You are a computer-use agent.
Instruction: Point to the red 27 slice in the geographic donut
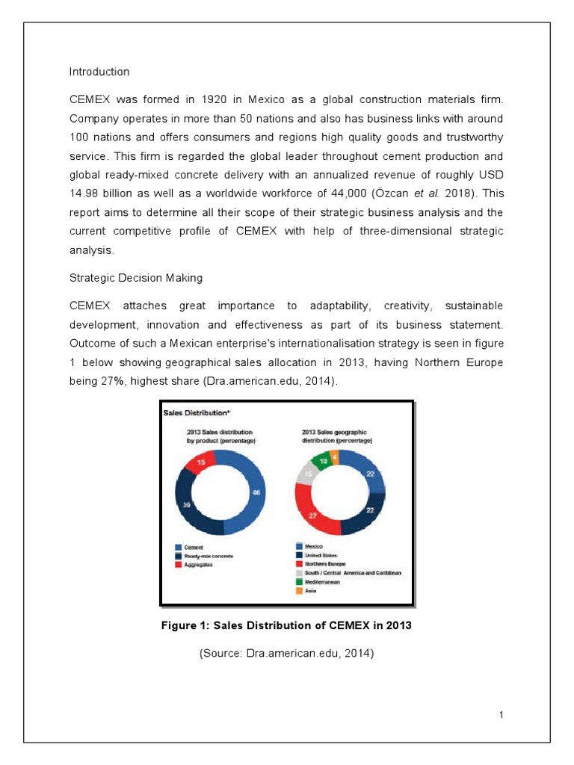[312, 515]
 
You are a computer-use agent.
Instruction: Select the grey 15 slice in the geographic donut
[306, 474]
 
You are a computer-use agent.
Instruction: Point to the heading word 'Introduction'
[99, 72]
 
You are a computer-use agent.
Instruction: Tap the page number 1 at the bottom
[502, 716]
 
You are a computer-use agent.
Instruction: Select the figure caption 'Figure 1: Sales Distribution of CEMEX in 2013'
[286, 626]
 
